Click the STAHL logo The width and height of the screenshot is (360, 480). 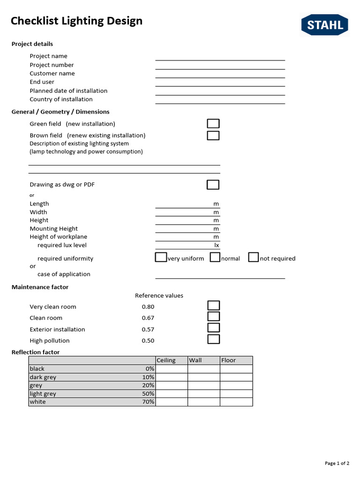pyautogui.click(x=324, y=25)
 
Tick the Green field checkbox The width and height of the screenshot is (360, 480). pyautogui.click(x=213, y=124)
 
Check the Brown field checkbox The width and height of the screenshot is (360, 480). pyautogui.click(x=213, y=135)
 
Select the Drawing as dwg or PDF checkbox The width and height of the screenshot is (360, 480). pyautogui.click(x=213, y=185)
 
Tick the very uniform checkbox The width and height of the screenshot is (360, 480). pyautogui.click(x=161, y=257)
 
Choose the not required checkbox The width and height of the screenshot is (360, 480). pyautogui.click(x=254, y=257)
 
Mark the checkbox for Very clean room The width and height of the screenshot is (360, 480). pyautogui.click(x=214, y=306)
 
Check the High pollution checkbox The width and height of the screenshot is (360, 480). pyautogui.click(x=214, y=339)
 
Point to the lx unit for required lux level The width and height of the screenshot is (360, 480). pyautogui.click(x=217, y=245)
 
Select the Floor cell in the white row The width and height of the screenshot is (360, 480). pyautogui.click(x=236, y=402)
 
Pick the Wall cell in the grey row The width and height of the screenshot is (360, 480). pyautogui.click(x=204, y=385)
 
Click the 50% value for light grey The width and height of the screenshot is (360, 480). pyautogui.click(x=148, y=394)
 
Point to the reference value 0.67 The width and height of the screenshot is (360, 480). pyautogui.click(x=148, y=318)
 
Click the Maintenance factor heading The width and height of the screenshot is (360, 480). pyautogui.click(x=40, y=287)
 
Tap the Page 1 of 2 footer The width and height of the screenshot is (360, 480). pyautogui.click(x=337, y=463)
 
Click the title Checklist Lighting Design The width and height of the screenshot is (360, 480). pyautogui.click(x=76, y=21)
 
